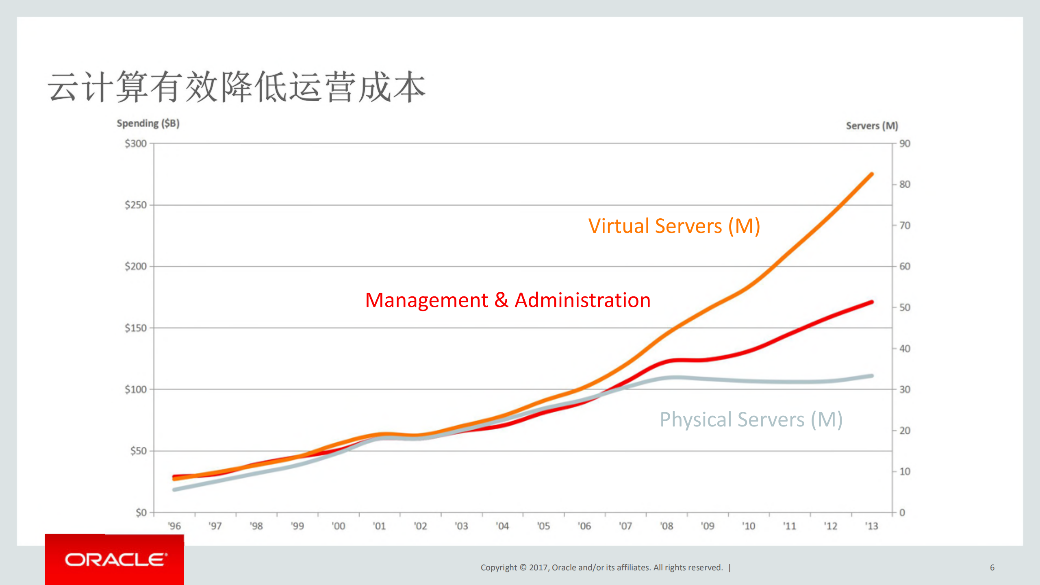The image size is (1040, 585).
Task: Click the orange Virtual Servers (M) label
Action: point(674,226)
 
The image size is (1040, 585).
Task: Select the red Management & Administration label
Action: point(508,300)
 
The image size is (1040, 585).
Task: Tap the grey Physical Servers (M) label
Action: point(751,420)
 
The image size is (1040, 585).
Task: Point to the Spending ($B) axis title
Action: point(148,123)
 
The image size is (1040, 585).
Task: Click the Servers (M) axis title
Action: point(872,126)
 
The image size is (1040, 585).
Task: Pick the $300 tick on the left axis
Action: point(136,144)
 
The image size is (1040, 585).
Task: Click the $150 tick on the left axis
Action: point(136,328)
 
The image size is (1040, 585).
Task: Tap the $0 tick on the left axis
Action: point(141,513)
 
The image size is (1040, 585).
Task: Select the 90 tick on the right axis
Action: point(905,144)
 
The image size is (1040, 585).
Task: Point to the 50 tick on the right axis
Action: point(905,307)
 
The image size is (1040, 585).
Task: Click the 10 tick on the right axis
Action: point(905,472)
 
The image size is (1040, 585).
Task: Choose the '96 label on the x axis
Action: point(174,526)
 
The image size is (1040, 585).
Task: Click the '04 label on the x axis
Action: point(502,526)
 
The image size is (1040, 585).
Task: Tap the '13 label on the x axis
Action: point(871,526)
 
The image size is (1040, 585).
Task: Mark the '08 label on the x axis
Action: point(667,526)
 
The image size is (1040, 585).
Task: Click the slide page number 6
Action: point(992,568)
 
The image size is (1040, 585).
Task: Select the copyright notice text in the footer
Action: point(601,568)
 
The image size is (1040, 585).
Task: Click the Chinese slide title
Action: point(237,87)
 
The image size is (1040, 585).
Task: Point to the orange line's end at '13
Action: point(871,174)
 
